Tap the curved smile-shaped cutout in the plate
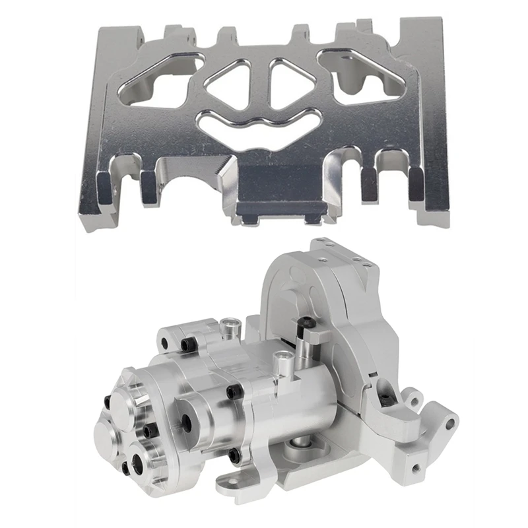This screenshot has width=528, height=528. [258, 125]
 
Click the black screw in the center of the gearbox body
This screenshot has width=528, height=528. [232, 393]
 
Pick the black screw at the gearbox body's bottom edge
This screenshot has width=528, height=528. [234, 455]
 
